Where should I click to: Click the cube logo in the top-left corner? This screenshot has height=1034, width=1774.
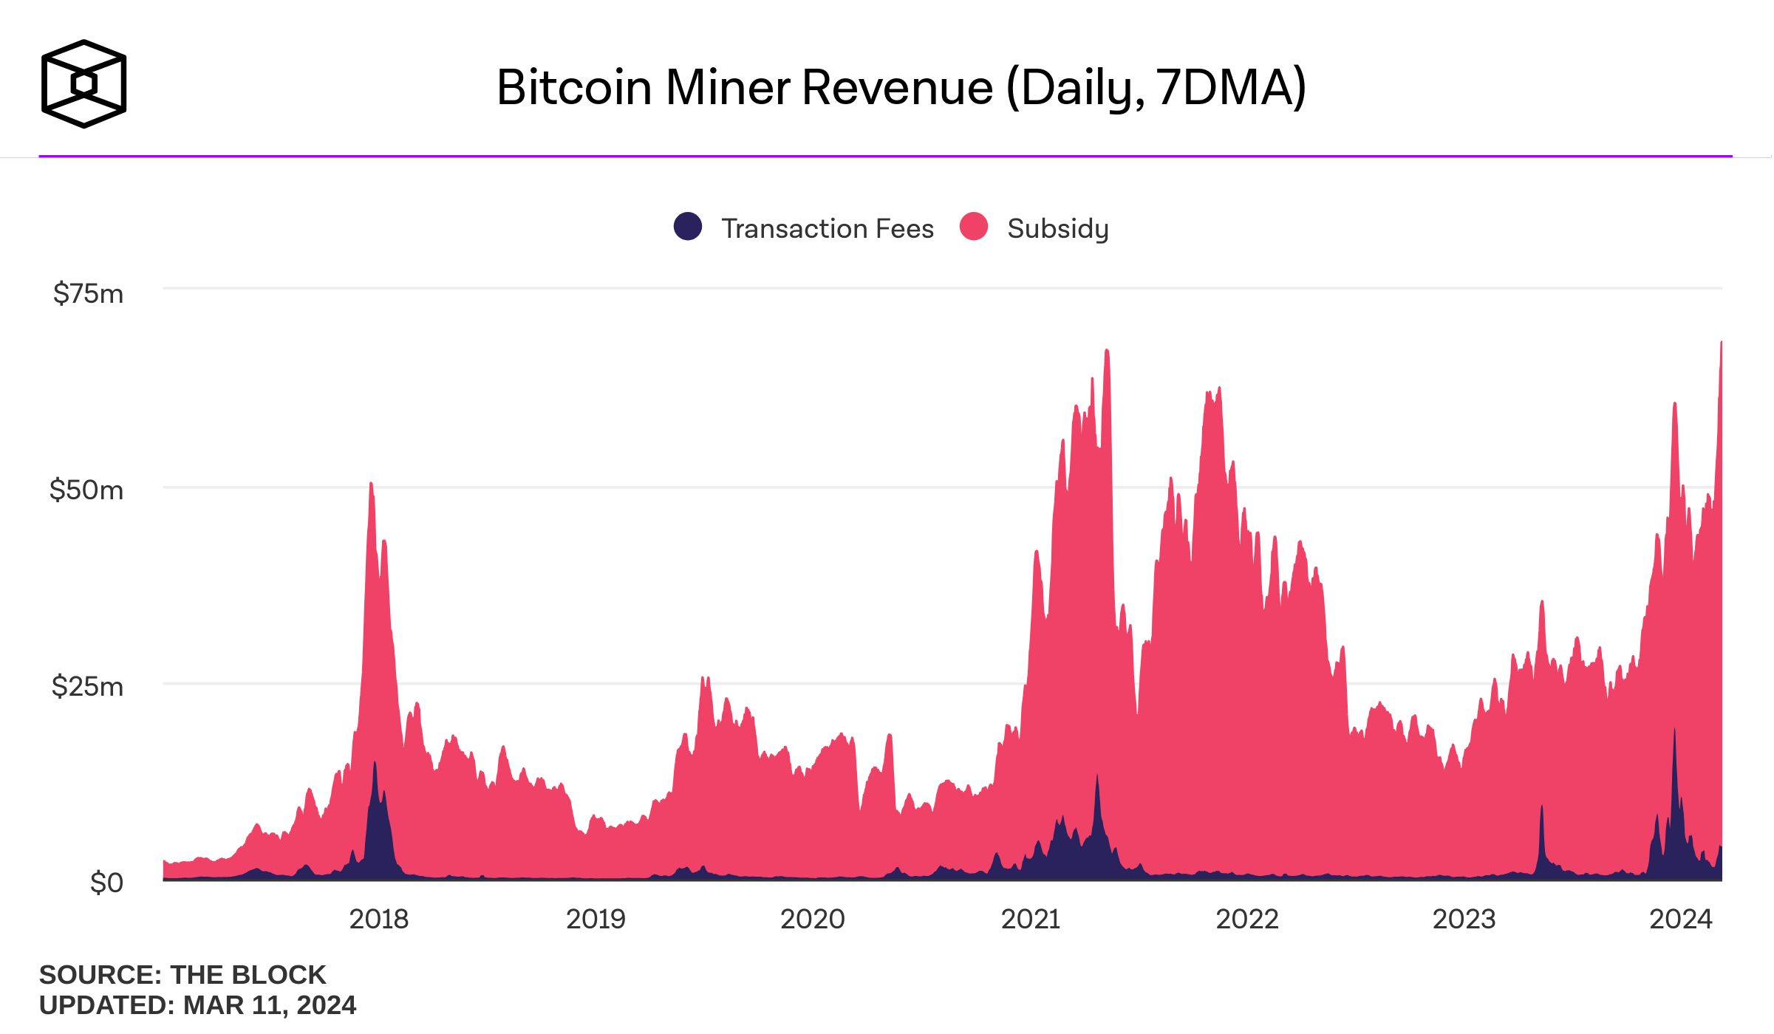(x=83, y=84)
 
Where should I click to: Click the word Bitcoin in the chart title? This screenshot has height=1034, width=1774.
(x=574, y=88)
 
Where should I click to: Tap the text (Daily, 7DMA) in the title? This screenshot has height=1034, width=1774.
(x=1156, y=88)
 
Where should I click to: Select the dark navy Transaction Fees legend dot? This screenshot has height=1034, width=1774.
(x=687, y=227)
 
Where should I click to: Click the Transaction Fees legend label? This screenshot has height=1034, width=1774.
(x=828, y=229)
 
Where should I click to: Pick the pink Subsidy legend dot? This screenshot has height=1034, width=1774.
(x=973, y=227)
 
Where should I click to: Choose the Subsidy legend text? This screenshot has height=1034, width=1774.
(x=1057, y=229)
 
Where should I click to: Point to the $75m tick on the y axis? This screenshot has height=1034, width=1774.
(x=88, y=294)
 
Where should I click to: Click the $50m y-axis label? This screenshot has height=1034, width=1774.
(x=86, y=490)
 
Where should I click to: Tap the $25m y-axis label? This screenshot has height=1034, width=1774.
(x=87, y=687)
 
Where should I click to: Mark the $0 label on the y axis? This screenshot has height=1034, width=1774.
(x=106, y=883)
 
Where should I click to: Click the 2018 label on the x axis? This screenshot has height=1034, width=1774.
(x=378, y=920)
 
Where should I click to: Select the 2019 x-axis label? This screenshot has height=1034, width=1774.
(x=596, y=920)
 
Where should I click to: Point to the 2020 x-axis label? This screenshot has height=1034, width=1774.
(x=812, y=920)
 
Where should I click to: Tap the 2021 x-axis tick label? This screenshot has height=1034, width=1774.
(x=1030, y=920)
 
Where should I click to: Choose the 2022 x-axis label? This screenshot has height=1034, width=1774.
(x=1246, y=920)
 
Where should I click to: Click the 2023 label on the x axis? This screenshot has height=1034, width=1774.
(x=1464, y=920)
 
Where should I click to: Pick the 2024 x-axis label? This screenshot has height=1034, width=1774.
(x=1680, y=920)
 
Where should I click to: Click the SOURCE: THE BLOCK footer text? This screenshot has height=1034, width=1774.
(x=182, y=975)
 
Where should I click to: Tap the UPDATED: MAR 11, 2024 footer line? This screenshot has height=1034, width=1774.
(x=197, y=1006)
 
